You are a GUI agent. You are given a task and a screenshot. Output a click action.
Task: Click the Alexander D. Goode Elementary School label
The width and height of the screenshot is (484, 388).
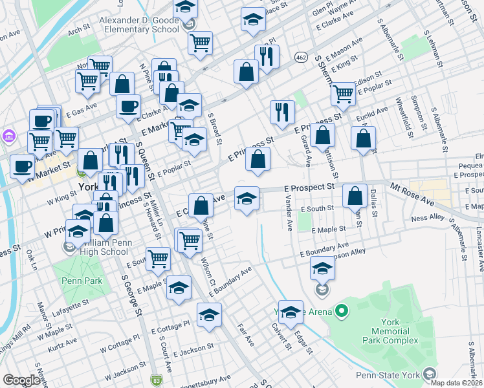coord(139,25)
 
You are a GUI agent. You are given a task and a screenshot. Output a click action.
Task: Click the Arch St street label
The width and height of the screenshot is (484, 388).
coord(77,30)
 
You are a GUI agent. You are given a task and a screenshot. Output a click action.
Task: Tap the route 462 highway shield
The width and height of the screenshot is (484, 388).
coord(302,58)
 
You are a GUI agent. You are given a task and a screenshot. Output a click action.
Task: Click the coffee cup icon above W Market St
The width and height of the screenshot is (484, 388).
coord(23,166)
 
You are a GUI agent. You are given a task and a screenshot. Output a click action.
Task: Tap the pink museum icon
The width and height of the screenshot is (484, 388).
coord(9,136)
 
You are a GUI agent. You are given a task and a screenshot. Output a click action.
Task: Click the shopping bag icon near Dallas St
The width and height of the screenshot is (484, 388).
coord(355,195)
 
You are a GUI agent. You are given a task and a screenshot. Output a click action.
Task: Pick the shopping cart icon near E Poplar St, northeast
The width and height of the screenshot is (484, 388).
coord(343,93)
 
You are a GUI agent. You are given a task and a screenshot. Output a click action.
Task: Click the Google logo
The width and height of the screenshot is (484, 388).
coord(21,380)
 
